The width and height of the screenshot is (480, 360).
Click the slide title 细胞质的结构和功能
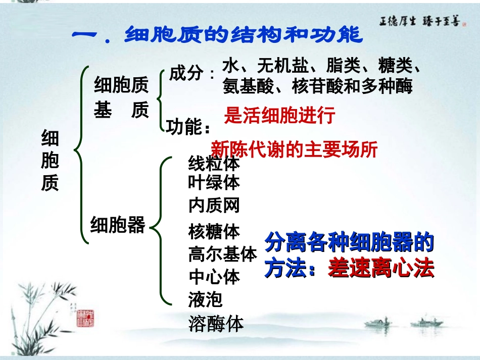click(217, 35)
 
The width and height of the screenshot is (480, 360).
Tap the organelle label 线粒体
click(214, 164)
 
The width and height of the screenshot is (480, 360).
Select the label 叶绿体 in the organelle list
click(214, 182)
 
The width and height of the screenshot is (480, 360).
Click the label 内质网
click(214, 205)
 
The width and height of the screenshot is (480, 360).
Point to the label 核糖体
click(214, 232)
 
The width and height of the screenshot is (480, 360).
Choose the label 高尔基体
click(222, 254)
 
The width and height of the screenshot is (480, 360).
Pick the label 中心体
click(214, 277)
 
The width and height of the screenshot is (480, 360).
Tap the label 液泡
click(205, 300)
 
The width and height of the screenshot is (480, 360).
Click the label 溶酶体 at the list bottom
click(216, 323)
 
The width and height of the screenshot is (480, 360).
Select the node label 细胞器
click(117, 225)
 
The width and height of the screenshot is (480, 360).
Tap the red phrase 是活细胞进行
click(279, 116)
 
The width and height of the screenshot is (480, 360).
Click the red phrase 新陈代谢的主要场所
click(294, 149)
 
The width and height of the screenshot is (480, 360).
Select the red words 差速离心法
click(381, 269)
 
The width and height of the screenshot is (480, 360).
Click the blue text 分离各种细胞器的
click(350, 244)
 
